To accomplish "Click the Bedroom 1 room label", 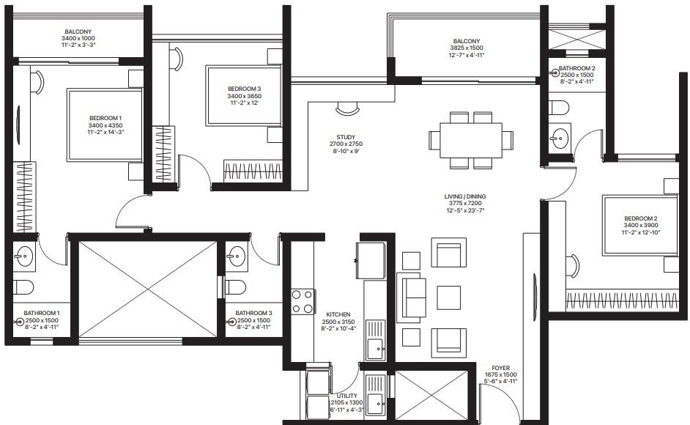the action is pos(105,118).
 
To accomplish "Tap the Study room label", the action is pos(346,137).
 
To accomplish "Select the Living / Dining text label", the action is pos(465,196).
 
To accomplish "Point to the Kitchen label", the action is pos(338,314).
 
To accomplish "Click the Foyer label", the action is pos(501,368).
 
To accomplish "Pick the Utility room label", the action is pos(346,396).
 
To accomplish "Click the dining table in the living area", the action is pos(471,140).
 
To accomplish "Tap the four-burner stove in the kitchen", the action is pos(303,302).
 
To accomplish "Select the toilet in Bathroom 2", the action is pos(559,108).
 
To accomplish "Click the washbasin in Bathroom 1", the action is pos(23,255).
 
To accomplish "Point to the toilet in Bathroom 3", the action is pos(235,288).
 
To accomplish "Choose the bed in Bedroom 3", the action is pos(244,95).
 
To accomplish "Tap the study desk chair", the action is pos(347,108).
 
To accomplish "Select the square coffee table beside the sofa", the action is pos(448,297).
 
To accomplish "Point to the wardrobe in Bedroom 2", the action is pos(622,300).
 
